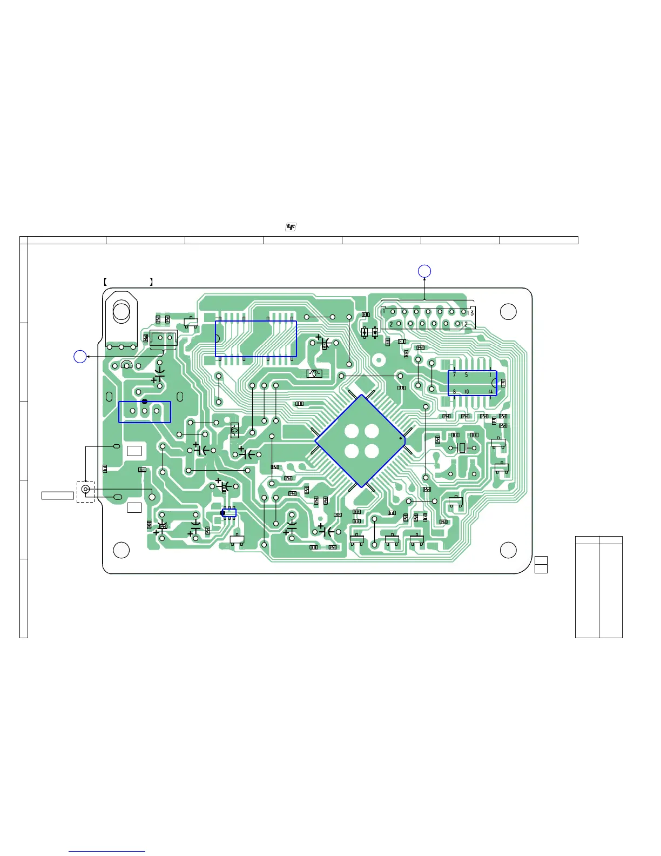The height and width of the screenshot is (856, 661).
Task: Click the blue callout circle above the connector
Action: [x=424, y=271]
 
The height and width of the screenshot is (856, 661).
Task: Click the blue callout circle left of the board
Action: [x=80, y=357]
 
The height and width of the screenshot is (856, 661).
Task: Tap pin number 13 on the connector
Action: [x=470, y=313]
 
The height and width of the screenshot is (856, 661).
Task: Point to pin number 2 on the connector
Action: [x=391, y=324]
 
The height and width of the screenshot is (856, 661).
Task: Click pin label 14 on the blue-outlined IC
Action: [x=490, y=392]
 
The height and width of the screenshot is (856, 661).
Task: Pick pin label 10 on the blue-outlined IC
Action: [x=467, y=392]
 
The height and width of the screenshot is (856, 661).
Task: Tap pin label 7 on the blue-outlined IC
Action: [x=454, y=374]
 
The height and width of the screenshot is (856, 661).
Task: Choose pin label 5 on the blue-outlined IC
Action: [x=467, y=374]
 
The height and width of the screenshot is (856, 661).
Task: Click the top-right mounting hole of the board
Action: [x=508, y=312]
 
